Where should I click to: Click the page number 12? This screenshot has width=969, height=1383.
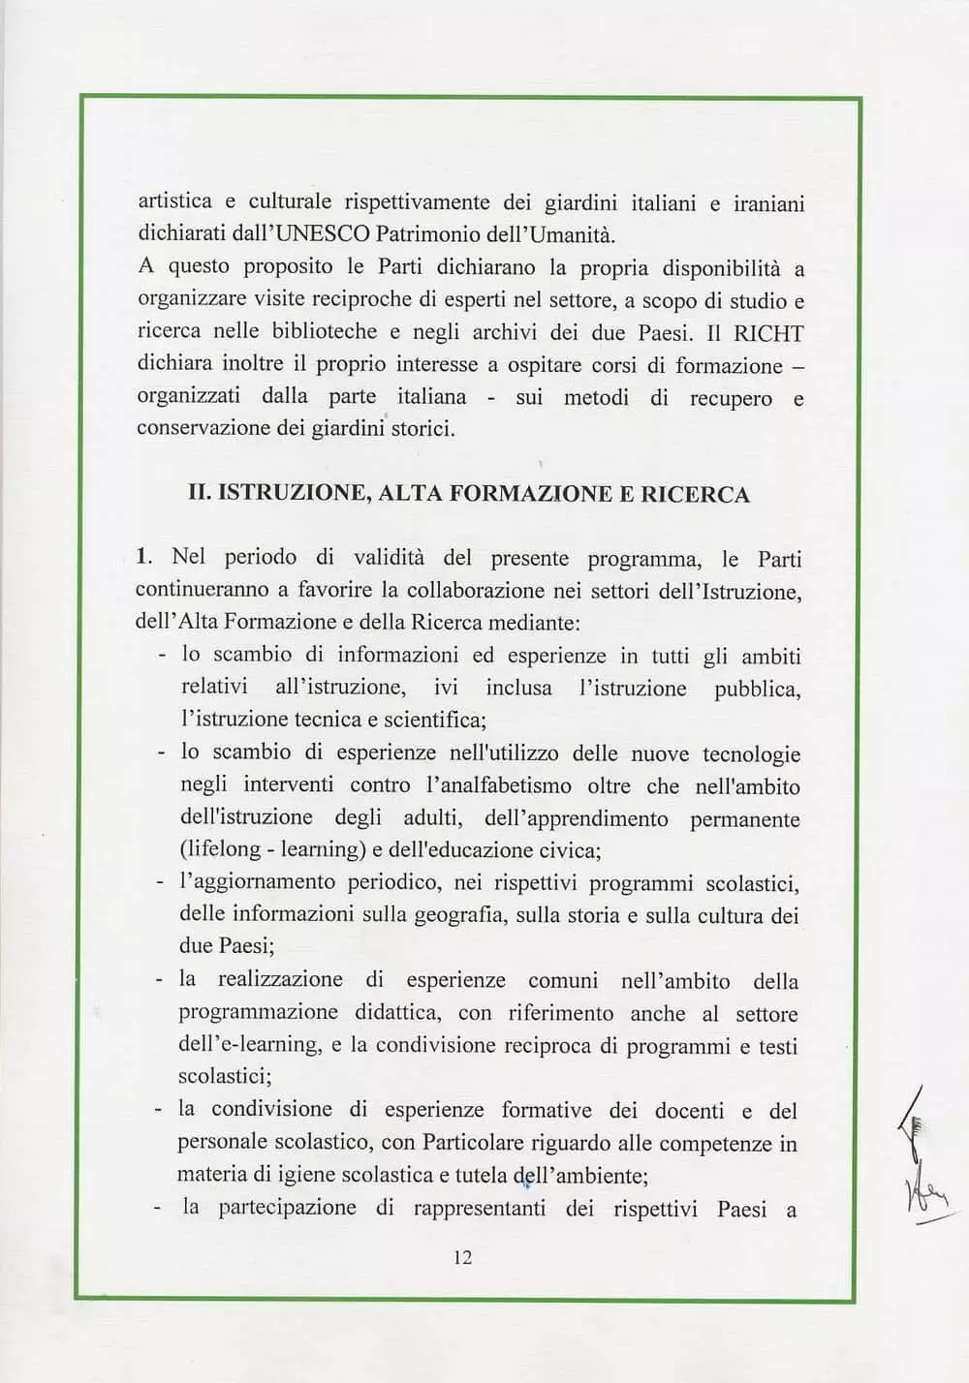[462, 1257]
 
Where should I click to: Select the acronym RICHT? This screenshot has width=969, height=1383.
[768, 334]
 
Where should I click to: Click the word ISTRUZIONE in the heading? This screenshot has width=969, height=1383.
[294, 493]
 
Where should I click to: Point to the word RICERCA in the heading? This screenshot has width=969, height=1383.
[695, 495]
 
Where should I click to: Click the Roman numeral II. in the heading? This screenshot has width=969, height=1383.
[200, 493]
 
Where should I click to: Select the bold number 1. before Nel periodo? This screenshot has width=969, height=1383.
[144, 557]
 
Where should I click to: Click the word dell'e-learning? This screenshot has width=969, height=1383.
[250, 1045]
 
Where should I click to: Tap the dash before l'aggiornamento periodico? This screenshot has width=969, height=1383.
[160, 882]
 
